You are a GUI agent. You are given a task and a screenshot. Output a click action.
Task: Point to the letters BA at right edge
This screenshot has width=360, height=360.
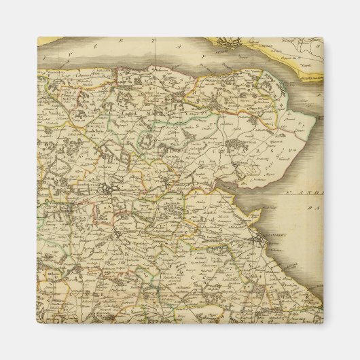(313, 211)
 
